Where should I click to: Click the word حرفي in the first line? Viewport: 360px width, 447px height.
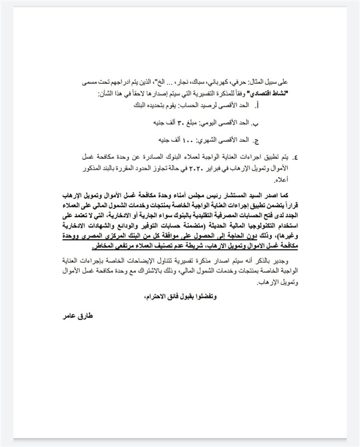coord(251,81)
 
